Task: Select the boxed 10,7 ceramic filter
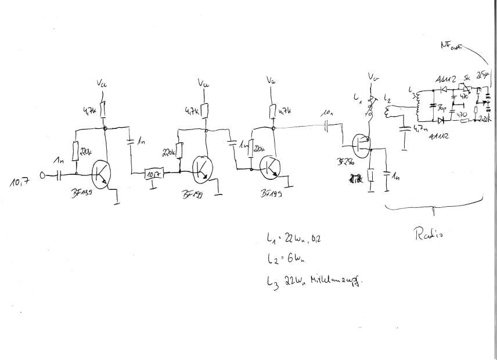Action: (153, 172)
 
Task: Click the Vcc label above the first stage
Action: (102, 86)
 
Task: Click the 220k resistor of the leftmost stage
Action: (76, 153)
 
